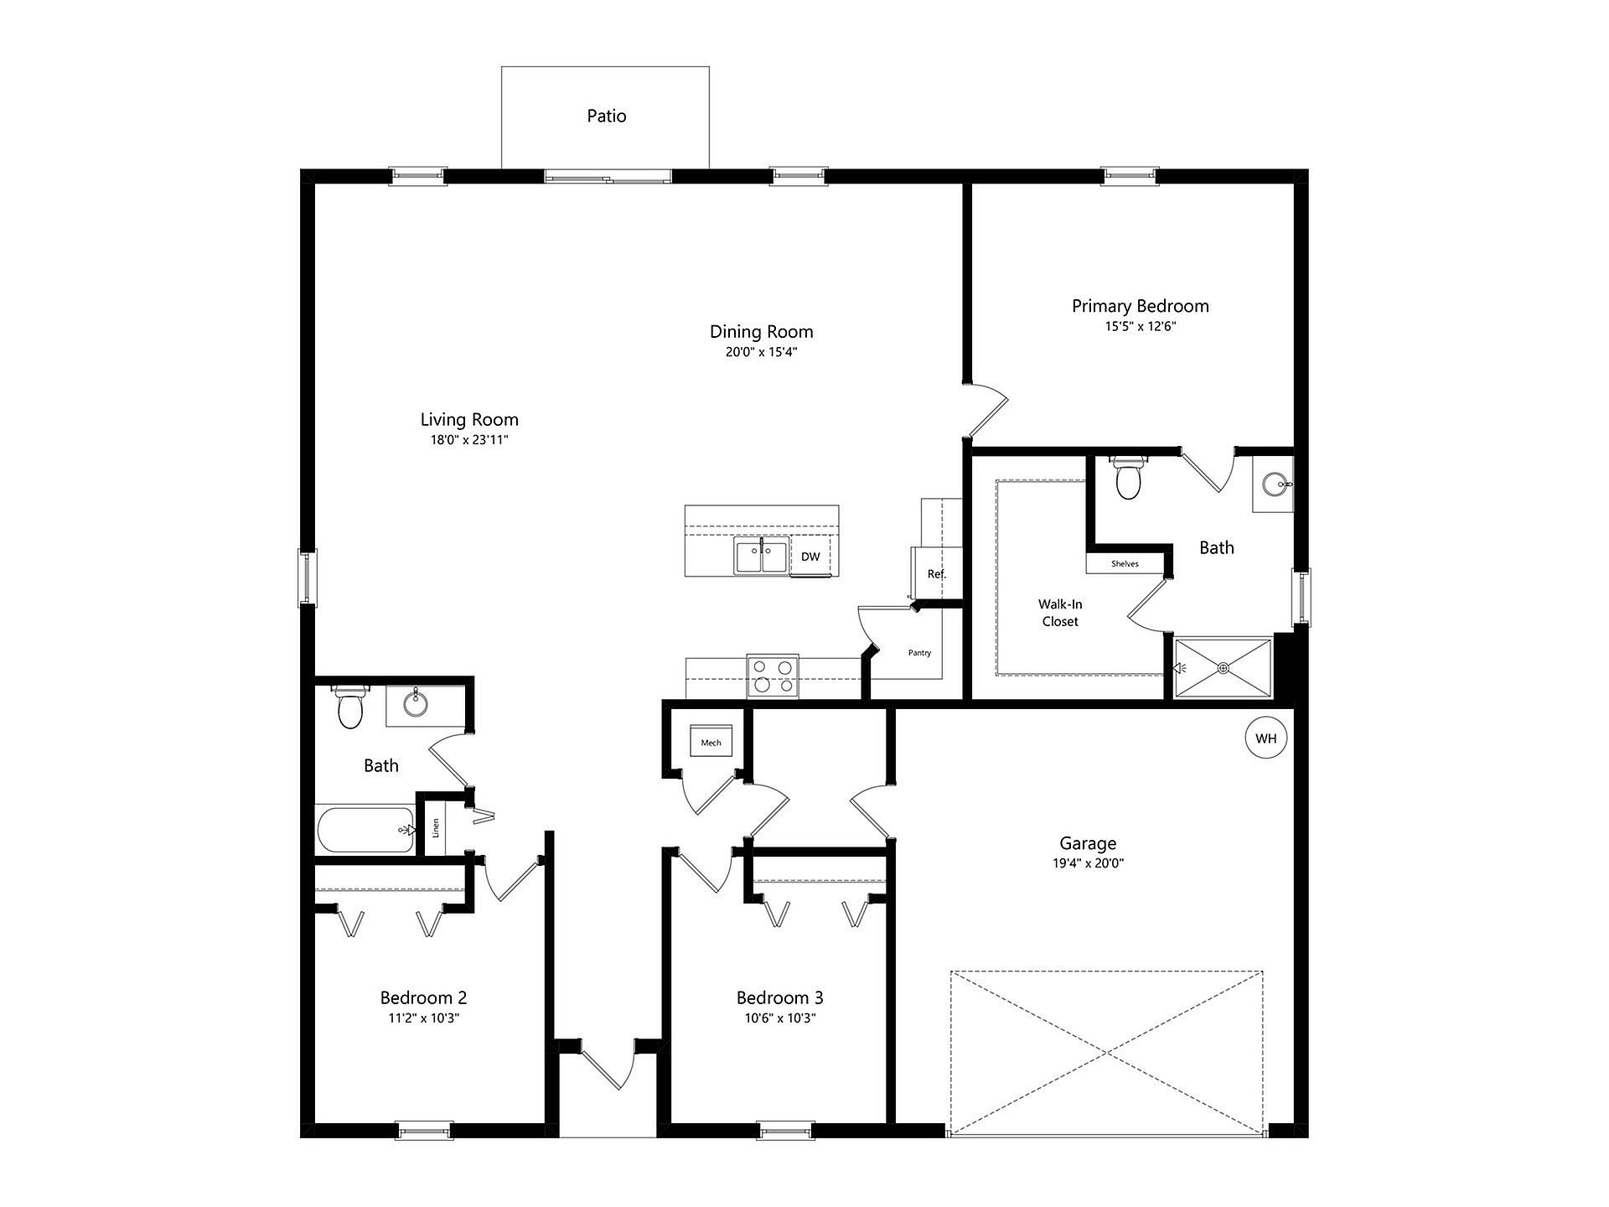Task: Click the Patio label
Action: point(606,116)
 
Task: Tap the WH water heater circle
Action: point(1265,738)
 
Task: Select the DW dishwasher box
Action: point(810,557)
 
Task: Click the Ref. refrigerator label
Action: point(937,574)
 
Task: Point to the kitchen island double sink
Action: point(762,557)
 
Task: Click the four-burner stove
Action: point(773,676)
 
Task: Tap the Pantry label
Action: point(919,653)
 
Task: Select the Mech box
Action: point(711,743)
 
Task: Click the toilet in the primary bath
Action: point(1128,477)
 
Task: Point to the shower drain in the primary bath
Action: point(1224,667)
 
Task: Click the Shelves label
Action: point(1125,564)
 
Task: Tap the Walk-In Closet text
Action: point(1060,613)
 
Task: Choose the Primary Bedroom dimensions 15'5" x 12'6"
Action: point(1141,327)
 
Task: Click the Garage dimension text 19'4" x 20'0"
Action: point(1088,863)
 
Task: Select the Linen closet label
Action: point(436,828)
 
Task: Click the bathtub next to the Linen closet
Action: point(365,830)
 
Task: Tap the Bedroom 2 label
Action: point(423,997)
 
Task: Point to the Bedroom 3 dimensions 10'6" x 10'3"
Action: point(779,1018)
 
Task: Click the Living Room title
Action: point(469,419)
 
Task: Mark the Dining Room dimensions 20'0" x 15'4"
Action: point(761,352)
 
